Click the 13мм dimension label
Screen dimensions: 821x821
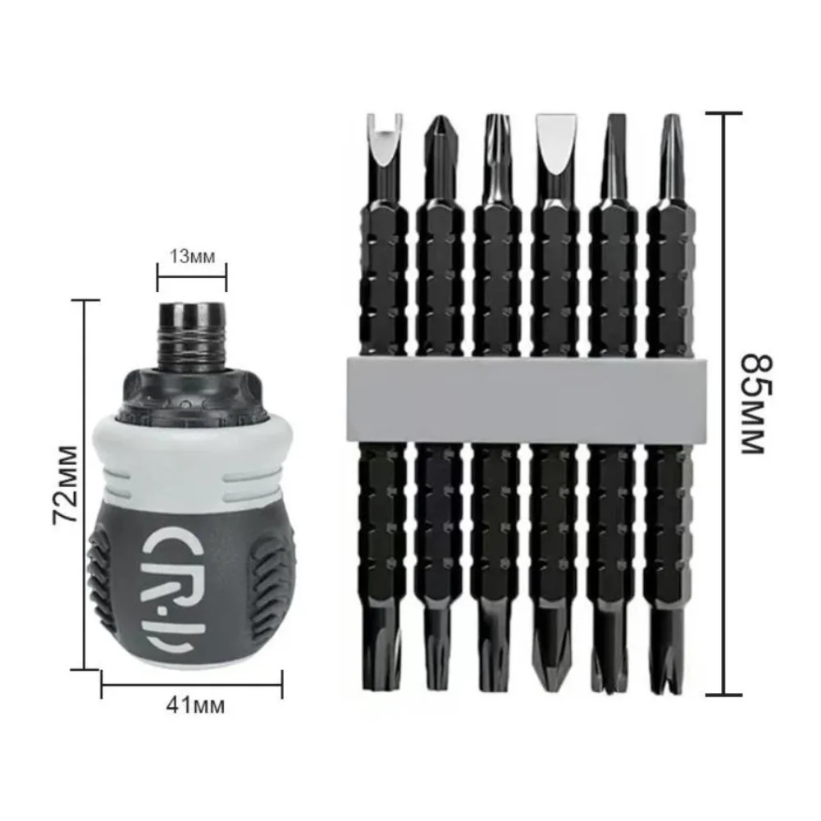192,257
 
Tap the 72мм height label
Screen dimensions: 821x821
66,485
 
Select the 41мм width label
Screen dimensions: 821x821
196,705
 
